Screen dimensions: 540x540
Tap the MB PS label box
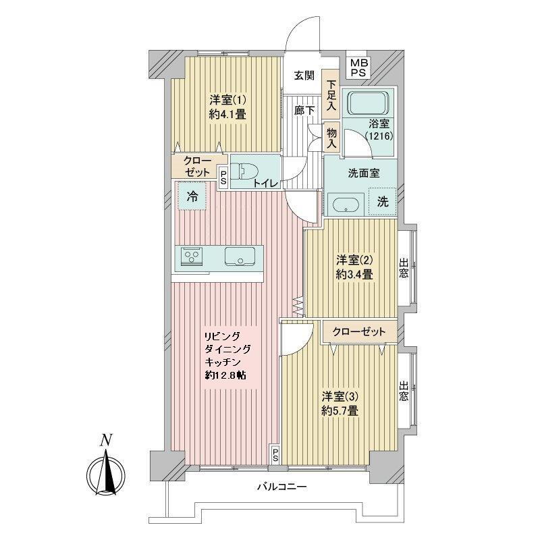coord(359,68)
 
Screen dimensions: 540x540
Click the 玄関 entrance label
coord(304,76)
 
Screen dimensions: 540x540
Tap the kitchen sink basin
coord(240,256)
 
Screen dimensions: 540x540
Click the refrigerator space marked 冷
coord(192,196)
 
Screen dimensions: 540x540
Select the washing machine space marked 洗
coord(382,201)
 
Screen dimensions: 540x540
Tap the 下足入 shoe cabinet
coord(331,95)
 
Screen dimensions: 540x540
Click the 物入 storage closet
coord(331,138)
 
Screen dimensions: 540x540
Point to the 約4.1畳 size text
coord(227,114)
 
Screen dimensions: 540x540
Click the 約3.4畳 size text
coord(354,275)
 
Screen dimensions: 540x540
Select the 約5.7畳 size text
coord(340,410)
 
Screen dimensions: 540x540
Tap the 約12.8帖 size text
coord(225,375)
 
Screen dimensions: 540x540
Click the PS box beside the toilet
coord(223,177)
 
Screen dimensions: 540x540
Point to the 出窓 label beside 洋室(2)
coord(403,268)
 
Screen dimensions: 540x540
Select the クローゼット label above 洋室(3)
coord(359,331)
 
